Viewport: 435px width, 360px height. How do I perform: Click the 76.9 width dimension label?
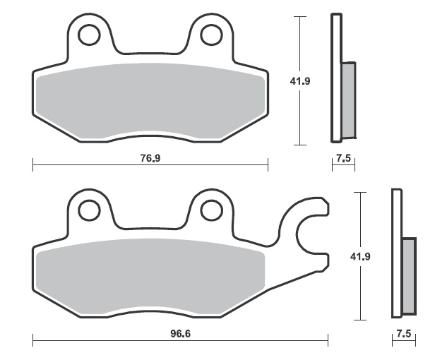pyautogui.click(x=150, y=158)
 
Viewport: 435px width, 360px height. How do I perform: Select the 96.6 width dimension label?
pyautogui.click(x=180, y=334)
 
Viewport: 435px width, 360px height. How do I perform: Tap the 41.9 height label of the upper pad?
pyautogui.click(x=300, y=81)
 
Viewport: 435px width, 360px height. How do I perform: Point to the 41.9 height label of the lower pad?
pyautogui.click(x=360, y=256)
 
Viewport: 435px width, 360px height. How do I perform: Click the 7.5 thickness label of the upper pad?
pyautogui.click(x=343, y=158)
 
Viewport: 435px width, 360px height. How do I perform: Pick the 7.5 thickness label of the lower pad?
pyautogui.click(x=404, y=333)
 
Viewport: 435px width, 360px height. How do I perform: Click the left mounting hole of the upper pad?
pyautogui.click(x=89, y=35)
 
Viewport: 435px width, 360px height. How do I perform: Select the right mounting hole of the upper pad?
pyautogui.click(x=211, y=35)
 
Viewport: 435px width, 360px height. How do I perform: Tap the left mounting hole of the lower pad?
pyautogui.click(x=89, y=210)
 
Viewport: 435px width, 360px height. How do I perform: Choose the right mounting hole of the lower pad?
pyautogui.click(x=211, y=210)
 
